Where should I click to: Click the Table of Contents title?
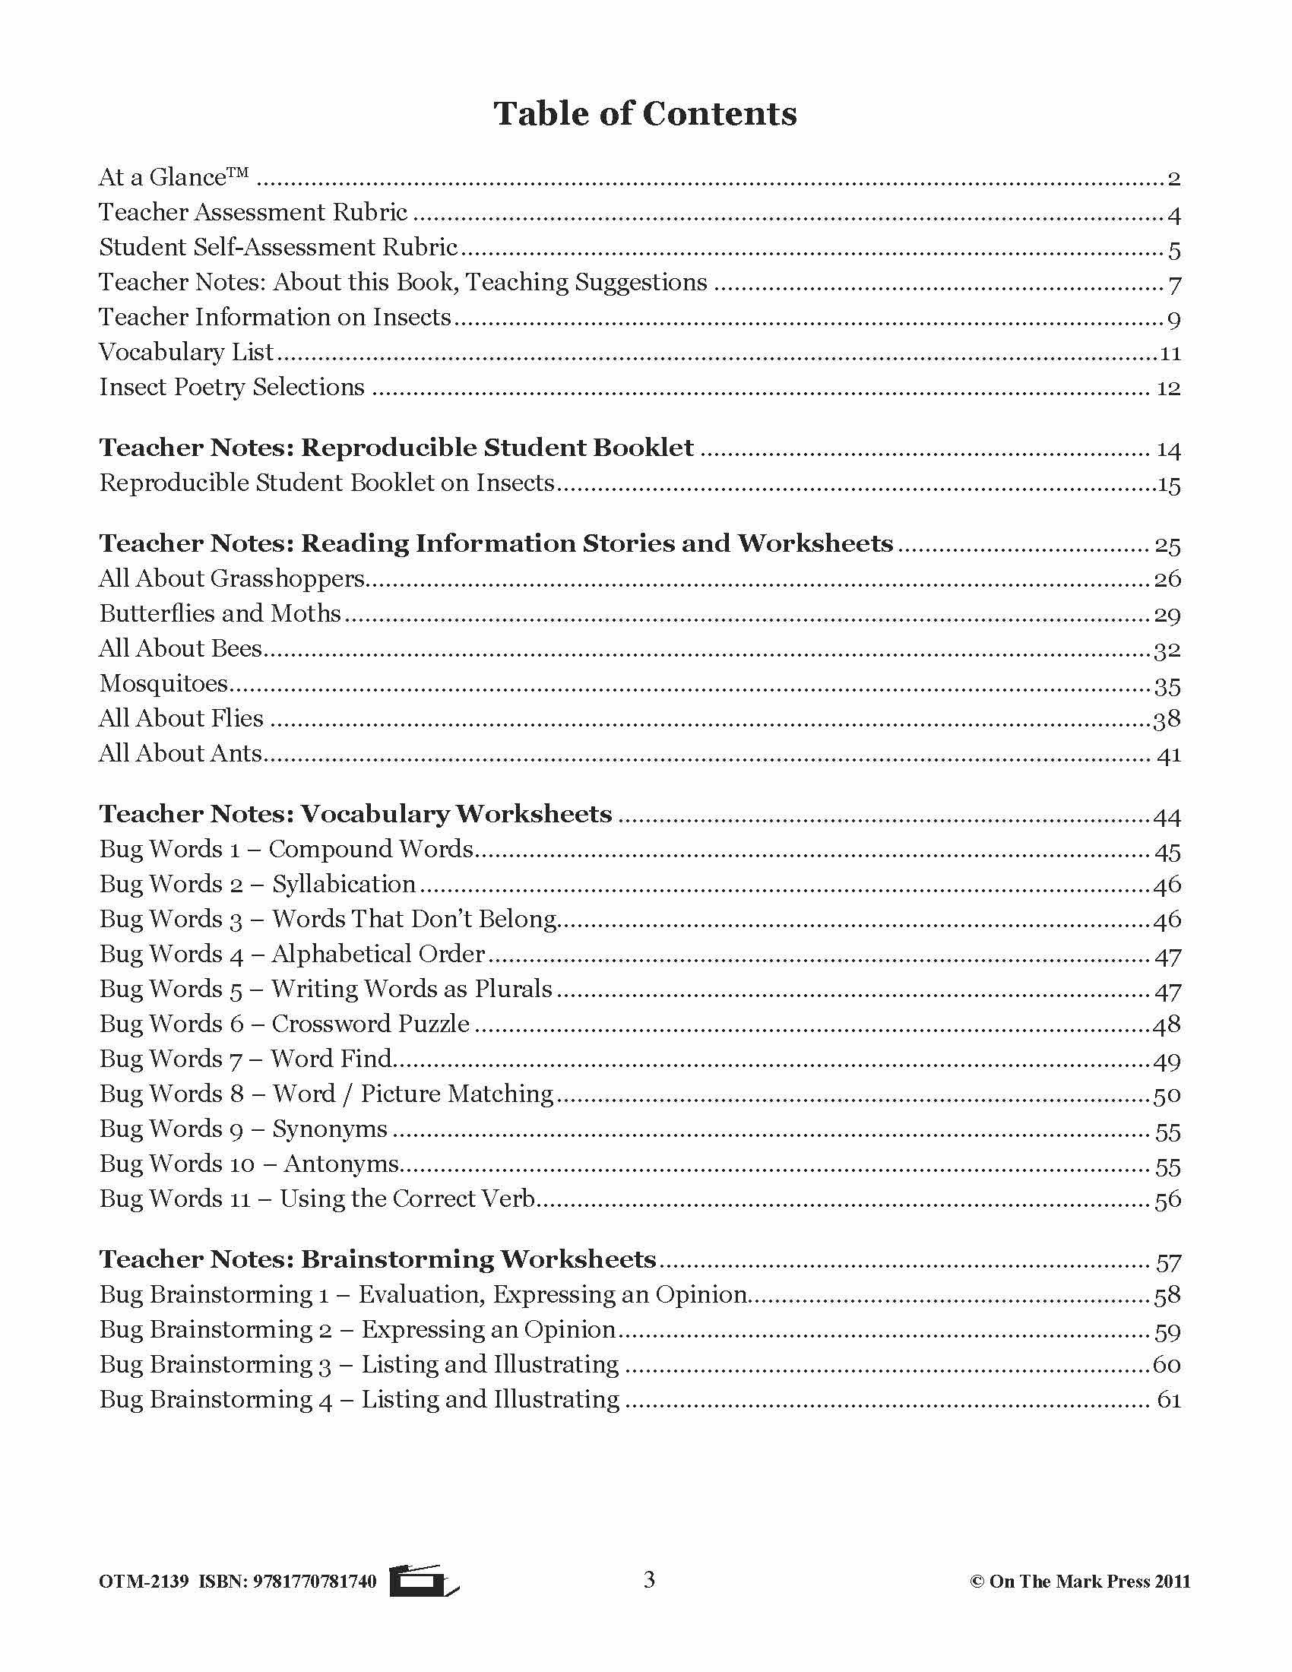click(x=644, y=114)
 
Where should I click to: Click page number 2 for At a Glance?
click(x=1173, y=179)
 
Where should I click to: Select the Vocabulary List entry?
click(x=186, y=352)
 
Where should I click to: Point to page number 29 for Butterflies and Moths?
click(x=1167, y=615)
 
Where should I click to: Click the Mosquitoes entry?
click(x=164, y=684)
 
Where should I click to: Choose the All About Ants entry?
click(x=181, y=754)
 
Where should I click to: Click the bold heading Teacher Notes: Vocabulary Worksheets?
click(x=355, y=815)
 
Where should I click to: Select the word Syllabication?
click(x=344, y=885)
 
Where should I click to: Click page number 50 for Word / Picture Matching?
click(x=1167, y=1095)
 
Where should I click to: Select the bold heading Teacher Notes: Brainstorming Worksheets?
click(x=378, y=1260)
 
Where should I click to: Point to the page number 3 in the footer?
click(x=649, y=1580)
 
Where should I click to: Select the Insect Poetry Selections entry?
click(x=232, y=388)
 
